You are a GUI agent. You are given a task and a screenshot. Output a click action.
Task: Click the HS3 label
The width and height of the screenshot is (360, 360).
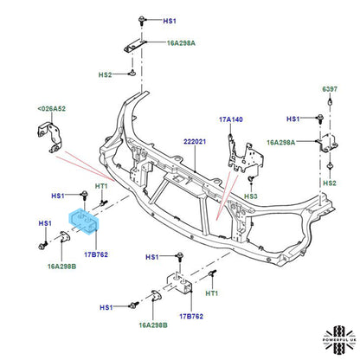click(x=250, y=196)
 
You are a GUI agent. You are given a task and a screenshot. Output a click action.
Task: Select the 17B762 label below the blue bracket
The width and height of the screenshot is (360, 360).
click(x=95, y=254)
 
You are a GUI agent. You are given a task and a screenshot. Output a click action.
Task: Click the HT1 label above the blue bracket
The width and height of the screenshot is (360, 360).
click(x=101, y=187)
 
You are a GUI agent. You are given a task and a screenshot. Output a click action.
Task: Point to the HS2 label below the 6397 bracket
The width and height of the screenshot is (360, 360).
click(x=329, y=183)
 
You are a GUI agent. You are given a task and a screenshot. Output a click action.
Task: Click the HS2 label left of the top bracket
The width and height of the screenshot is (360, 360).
click(x=106, y=75)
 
